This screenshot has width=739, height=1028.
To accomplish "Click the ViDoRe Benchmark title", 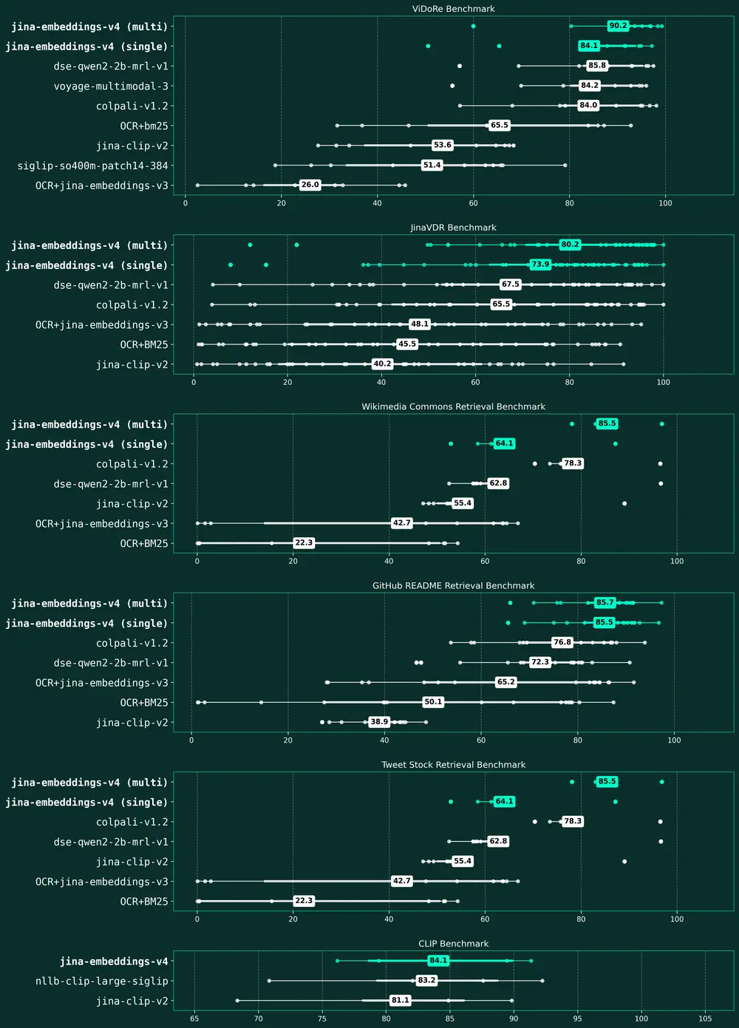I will click(x=453, y=9).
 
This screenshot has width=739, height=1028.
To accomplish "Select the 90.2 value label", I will click(x=618, y=26).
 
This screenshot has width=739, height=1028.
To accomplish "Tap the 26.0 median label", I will click(x=310, y=185).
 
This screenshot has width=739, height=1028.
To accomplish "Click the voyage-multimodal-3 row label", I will click(x=111, y=86).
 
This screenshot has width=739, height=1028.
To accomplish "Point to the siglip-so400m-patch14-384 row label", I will click(x=93, y=166).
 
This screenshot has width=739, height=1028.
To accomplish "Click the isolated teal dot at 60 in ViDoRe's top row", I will click(x=473, y=26).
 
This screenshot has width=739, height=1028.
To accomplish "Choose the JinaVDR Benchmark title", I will click(x=453, y=228).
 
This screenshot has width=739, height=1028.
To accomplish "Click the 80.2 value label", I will click(x=570, y=245).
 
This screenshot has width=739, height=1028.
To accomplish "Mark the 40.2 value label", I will click(x=382, y=364).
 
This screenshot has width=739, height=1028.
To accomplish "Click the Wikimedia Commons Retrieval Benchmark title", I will click(x=453, y=406).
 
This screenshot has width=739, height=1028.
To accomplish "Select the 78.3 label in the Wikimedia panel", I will click(x=573, y=463).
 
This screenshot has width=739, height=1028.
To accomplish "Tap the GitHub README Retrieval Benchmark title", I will click(x=453, y=585).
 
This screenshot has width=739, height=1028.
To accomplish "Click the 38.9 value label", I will click(x=379, y=721).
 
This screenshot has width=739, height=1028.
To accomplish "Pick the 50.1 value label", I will click(x=433, y=701).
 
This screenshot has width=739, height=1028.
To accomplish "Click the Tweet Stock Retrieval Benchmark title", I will click(x=453, y=765).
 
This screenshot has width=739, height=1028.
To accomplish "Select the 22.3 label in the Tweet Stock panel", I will click(x=304, y=900).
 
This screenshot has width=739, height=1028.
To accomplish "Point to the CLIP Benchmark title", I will click(x=453, y=944).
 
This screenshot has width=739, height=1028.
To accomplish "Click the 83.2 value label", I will click(x=426, y=980).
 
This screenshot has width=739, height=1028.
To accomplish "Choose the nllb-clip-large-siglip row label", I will click(x=102, y=981).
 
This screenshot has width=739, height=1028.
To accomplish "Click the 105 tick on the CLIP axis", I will click(x=705, y=1018).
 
